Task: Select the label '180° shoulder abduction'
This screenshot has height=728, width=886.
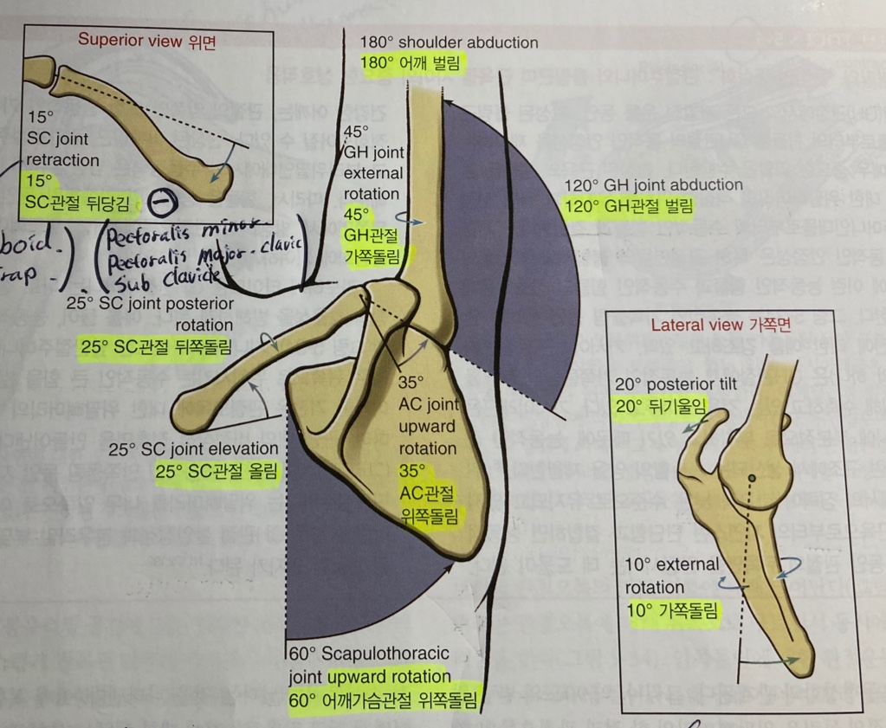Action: [x=449, y=42]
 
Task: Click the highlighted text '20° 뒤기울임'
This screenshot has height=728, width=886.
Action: [x=661, y=404]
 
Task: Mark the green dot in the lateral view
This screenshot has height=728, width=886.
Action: [x=751, y=477]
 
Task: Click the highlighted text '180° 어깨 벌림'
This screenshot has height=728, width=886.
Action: [x=411, y=64]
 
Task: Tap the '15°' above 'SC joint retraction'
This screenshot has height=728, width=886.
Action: [x=40, y=117]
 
